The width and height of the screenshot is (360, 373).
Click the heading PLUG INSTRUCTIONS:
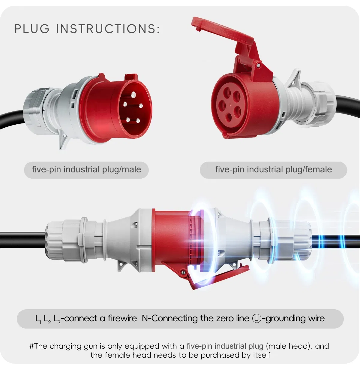coord(87,29)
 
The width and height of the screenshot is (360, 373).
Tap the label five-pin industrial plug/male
coord(86,170)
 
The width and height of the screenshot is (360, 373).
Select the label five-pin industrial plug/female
coord(273,170)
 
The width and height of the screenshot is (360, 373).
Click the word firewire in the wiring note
coord(122,318)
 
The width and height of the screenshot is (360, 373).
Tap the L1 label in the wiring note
coord(38,319)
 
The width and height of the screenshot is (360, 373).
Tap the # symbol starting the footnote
coord(31,346)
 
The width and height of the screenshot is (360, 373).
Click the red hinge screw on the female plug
coord(258,65)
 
